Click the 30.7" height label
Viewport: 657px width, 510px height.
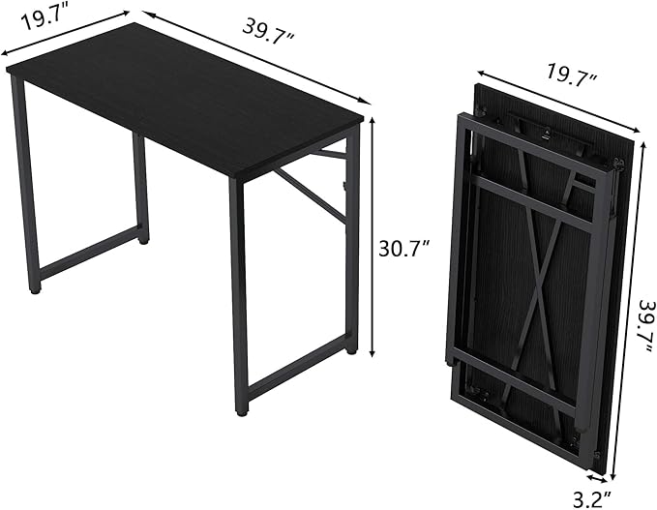pos(403,249)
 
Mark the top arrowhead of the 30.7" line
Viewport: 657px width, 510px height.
pos(372,121)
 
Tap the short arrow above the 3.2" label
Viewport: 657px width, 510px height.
pos(597,478)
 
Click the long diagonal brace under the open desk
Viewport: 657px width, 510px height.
pos(311,195)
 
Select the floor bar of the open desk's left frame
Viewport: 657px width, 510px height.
pos(90,252)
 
